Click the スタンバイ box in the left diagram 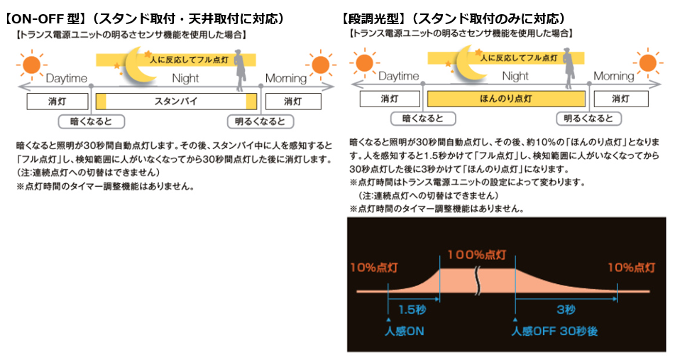tap(175, 102)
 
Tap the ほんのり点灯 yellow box tap(507, 99)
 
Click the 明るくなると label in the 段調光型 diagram tap(588, 119)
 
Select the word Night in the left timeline tap(185, 78)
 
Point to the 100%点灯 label tap(476, 254)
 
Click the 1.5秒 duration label tap(412, 310)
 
